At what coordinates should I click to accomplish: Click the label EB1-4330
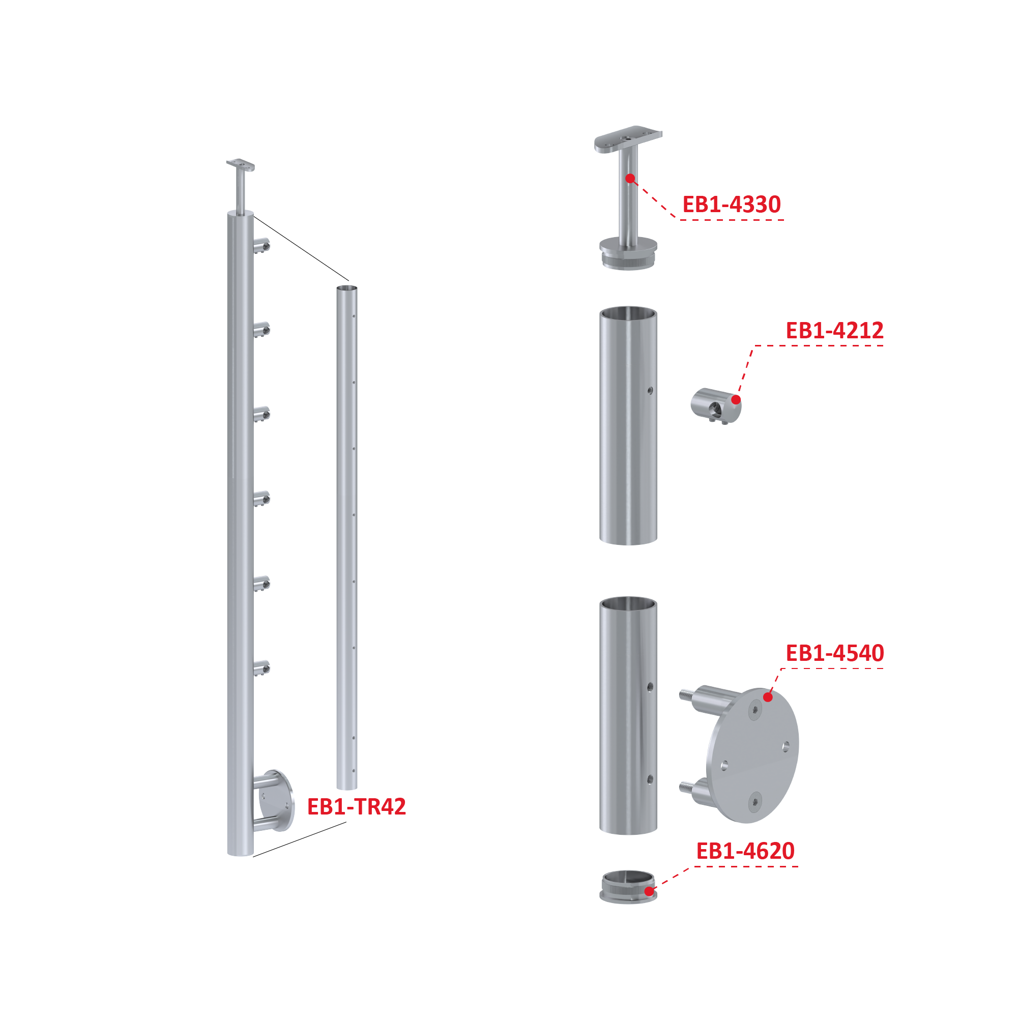tap(732, 205)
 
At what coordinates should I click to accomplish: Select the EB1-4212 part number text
tap(835, 330)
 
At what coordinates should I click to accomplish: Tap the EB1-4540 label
tap(835, 653)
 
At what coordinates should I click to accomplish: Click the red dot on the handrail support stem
tap(630, 179)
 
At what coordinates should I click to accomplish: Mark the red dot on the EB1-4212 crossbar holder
tap(736, 400)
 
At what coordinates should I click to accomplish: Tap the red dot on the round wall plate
tap(768, 697)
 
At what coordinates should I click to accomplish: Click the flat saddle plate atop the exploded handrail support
tap(628, 139)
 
